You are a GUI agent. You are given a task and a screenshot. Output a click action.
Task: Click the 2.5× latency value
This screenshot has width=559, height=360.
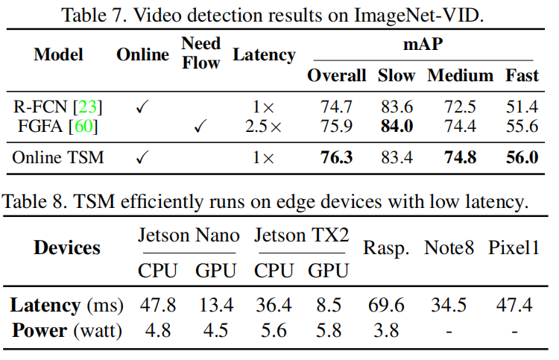264,126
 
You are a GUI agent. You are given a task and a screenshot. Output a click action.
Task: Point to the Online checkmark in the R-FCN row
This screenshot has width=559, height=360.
142,107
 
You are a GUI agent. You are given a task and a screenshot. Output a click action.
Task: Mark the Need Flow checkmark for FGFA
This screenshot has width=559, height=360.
200,127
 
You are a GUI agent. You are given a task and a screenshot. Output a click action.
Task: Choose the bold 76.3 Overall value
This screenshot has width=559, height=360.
337,158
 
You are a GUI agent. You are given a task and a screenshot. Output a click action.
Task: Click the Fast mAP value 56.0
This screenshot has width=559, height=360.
522,158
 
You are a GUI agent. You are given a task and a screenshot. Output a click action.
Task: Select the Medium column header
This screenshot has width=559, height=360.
460,75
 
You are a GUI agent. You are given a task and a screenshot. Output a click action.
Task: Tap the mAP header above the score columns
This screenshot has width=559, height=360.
423,44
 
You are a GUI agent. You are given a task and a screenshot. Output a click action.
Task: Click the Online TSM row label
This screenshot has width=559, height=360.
59,158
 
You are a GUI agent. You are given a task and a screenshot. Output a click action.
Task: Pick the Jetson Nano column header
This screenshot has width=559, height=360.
189,236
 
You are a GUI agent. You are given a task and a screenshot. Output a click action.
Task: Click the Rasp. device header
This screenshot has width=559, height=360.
385,248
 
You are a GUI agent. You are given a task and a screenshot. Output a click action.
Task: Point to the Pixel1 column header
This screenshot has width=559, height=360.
514,248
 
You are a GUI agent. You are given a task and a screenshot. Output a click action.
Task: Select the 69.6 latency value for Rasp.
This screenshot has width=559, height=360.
385,305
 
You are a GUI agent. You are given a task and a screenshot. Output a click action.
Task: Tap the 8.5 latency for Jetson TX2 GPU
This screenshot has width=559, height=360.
329,305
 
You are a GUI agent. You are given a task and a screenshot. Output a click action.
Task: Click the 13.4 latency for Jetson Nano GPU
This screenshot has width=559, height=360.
217,305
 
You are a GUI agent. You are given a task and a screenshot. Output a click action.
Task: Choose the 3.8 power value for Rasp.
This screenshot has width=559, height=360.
385,329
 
